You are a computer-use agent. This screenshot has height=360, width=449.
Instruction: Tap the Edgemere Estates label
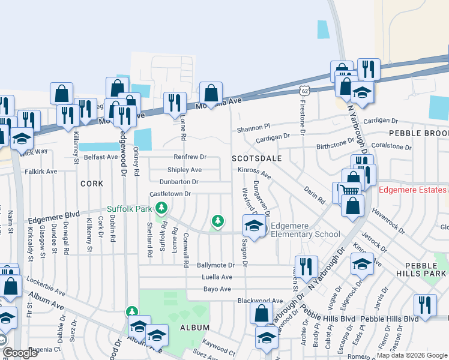point(414,191)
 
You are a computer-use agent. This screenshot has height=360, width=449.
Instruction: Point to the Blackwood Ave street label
point(260,301)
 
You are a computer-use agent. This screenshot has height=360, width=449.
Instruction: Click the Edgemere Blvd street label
point(53,214)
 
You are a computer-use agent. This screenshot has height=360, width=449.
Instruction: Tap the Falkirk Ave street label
point(41,171)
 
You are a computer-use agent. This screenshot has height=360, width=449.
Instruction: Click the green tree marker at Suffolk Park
point(161,208)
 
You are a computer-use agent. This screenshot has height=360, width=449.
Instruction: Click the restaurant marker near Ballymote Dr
point(307,265)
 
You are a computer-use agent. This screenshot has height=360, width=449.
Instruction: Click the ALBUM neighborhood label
point(194,328)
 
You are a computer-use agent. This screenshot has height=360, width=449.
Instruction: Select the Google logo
point(20,353)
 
